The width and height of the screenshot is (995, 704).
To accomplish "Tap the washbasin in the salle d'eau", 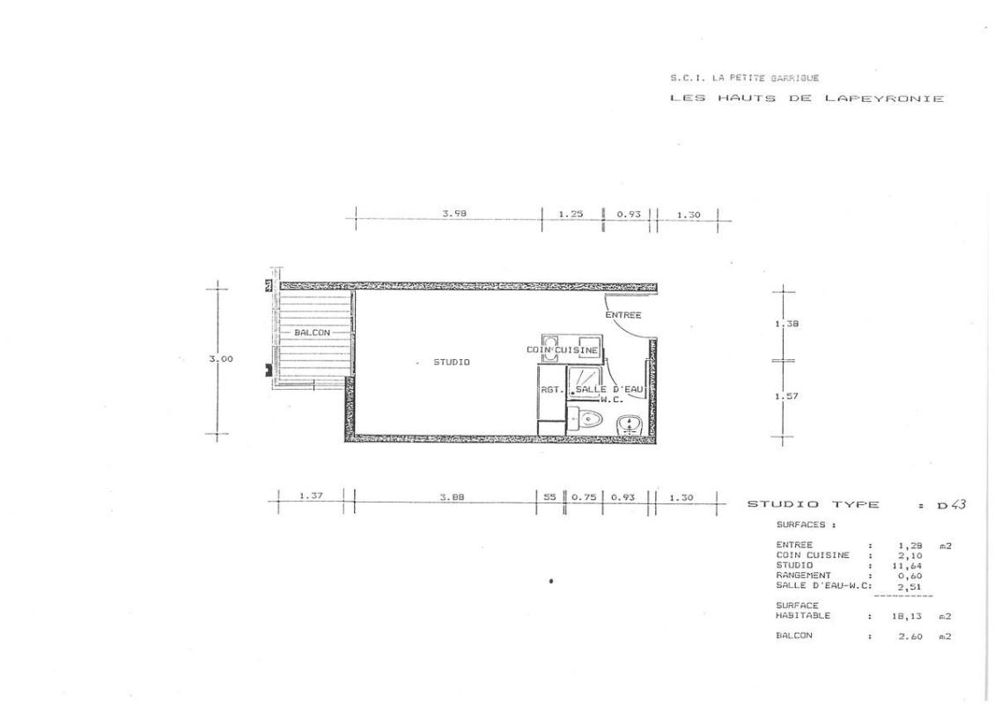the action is pyautogui.click(x=630, y=424).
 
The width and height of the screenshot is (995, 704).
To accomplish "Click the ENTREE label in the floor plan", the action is pyautogui.click(x=623, y=315).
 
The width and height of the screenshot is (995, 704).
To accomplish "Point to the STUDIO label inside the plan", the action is pyautogui.click(x=452, y=363).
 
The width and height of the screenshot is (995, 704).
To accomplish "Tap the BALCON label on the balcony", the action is pyautogui.click(x=313, y=333).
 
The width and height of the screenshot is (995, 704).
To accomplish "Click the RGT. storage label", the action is pyautogui.click(x=552, y=390).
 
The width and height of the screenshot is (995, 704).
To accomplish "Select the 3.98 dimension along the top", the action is pyautogui.click(x=454, y=214).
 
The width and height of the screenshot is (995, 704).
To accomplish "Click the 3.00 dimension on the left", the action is pyautogui.click(x=221, y=359).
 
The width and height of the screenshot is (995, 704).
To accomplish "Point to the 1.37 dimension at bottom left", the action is pyautogui.click(x=311, y=496).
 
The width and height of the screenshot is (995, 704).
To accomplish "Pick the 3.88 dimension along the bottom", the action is pyautogui.click(x=452, y=497).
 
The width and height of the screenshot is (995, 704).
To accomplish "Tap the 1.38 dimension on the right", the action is pyautogui.click(x=787, y=324).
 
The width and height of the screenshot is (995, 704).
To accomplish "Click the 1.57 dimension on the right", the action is pyautogui.click(x=787, y=396).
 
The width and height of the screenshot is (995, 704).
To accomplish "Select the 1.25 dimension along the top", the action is pyautogui.click(x=571, y=215).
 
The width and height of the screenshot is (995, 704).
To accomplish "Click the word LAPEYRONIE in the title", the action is pyautogui.click(x=884, y=99).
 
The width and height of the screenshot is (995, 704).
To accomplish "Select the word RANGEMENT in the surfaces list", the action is pyautogui.click(x=803, y=576).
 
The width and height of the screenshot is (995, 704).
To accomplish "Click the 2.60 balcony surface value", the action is pyautogui.click(x=910, y=636).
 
